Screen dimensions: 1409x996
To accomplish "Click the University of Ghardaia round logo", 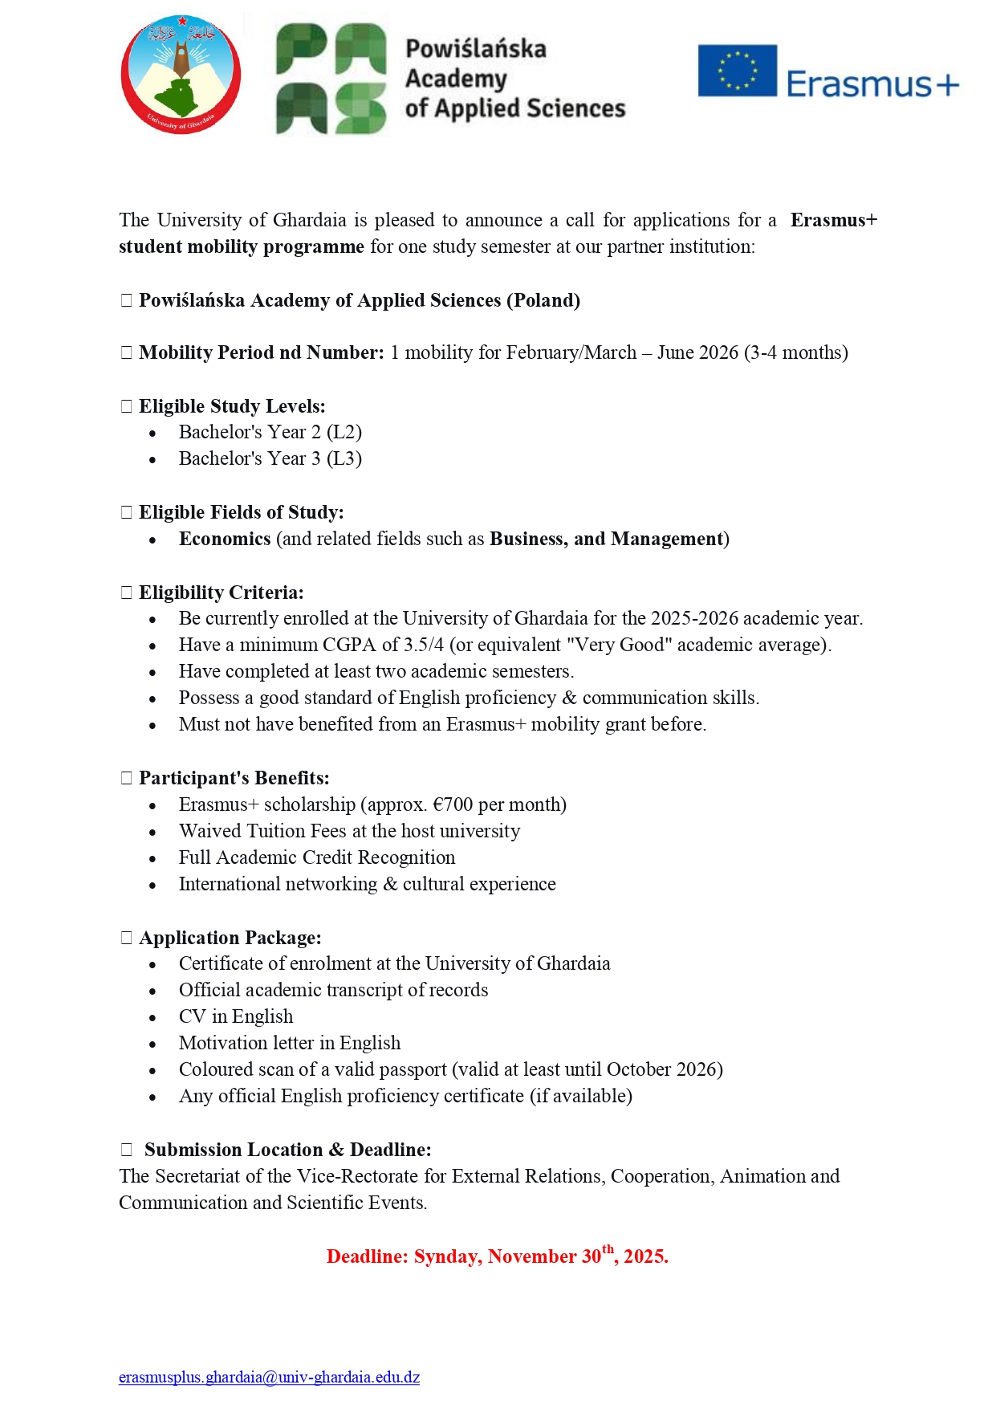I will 181,75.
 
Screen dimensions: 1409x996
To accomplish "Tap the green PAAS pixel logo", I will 331,79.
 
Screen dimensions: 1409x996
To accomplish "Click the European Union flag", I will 737,71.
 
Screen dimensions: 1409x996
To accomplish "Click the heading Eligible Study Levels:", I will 232,406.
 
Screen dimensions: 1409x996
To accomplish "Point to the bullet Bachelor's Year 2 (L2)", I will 270,432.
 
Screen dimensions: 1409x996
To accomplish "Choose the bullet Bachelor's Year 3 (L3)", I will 270,458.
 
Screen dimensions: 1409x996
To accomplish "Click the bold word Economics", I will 225,539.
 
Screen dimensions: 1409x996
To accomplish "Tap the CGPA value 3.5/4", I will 425,645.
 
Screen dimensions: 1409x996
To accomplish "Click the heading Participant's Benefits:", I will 234,778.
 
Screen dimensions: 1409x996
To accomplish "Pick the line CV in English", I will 236,1016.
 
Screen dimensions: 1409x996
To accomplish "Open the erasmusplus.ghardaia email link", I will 269,1377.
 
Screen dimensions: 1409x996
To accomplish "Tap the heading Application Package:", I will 230,938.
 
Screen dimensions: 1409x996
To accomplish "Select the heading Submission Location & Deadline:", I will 287,1150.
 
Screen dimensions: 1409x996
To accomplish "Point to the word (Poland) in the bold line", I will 543,300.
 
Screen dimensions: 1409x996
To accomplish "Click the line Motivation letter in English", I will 289,1043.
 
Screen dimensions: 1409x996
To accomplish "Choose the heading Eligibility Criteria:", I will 221,593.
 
